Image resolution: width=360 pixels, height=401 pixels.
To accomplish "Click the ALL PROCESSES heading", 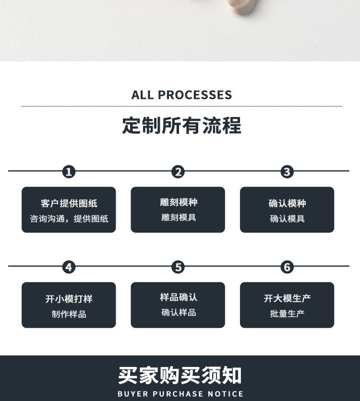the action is [181, 94].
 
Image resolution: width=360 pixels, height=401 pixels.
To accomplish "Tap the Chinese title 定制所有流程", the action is [181, 126].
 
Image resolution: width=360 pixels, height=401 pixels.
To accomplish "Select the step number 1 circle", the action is [69, 172].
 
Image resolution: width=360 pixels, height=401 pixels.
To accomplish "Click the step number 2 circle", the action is [178, 172].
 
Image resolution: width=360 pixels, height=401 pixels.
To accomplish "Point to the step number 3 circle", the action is [287, 172].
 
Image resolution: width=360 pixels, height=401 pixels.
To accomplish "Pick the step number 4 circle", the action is [69, 267].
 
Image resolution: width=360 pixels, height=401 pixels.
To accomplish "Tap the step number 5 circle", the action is [178, 267].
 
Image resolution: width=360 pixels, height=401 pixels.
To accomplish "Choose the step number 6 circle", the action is [287, 267].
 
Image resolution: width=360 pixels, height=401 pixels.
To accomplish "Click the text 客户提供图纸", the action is [69, 203].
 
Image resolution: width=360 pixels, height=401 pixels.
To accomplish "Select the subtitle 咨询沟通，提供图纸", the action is [69, 219].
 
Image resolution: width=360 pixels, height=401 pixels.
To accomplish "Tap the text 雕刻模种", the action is [178, 202].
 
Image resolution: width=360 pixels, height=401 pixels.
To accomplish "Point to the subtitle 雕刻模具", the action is [178, 218].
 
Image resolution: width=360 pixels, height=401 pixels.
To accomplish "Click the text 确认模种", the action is [287, 203].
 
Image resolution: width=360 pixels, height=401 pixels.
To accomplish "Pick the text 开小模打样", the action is [69, 299].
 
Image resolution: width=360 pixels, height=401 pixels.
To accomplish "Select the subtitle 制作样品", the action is [69, 314].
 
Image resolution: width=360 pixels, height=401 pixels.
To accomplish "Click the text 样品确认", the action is [178, 297].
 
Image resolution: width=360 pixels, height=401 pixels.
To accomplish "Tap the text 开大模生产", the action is [287, 298].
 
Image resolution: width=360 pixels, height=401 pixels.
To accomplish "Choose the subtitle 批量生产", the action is [287, 314].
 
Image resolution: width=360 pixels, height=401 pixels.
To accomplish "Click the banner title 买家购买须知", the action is [180, 376].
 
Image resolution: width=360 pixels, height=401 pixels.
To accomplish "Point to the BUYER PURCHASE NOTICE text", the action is [180, 394].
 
